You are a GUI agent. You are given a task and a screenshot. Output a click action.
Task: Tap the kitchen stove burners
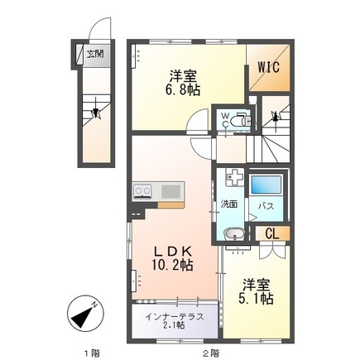tap(142, 192)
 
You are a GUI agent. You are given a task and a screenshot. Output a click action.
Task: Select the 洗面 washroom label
tap(229, 204)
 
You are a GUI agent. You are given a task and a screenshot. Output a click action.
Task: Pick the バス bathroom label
tap(266, 204)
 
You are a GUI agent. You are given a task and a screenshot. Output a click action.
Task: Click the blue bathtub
tap(266, 183)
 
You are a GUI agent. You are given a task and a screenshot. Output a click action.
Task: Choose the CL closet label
tap(271, 234)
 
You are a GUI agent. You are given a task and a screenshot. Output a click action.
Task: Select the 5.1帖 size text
tap(253, 298)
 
